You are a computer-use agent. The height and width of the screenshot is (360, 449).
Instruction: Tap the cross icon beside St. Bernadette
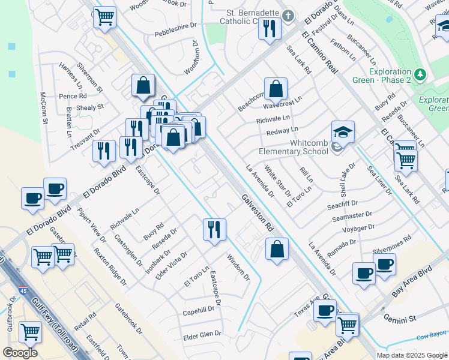pos(288,16)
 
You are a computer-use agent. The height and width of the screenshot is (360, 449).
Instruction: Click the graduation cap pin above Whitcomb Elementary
pos(343,131)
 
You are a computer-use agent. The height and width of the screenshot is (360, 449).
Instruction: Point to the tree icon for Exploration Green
pos(421,74)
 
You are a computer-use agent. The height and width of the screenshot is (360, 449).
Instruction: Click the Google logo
pos(20,352)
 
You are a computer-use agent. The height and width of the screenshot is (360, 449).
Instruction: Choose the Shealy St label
pos(91,107)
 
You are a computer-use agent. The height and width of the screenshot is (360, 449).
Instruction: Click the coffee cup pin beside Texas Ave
pos(325,310)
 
